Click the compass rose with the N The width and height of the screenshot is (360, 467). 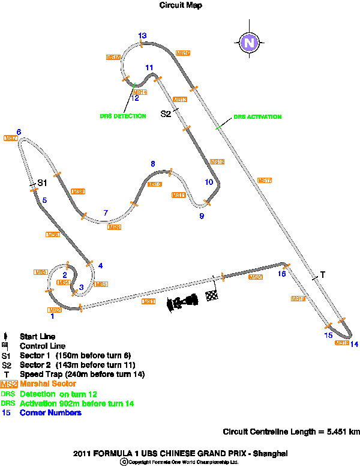248,43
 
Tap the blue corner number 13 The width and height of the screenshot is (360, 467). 142,36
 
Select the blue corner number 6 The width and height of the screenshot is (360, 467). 19,132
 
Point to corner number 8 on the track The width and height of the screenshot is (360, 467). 153,163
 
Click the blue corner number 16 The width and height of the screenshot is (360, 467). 281,274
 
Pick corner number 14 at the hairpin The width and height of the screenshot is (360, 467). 355,344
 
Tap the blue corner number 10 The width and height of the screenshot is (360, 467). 209,182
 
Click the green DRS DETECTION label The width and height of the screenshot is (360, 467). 122,116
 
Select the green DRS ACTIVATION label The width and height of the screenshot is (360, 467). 257,117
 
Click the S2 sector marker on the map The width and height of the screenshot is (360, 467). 166,113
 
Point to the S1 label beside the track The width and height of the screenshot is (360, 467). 42,182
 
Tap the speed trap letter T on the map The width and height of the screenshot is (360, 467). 322,275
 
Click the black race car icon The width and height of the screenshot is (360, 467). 184,301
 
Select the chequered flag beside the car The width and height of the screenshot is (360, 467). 211,295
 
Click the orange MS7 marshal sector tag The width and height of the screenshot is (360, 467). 10,139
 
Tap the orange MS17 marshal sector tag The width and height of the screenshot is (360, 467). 265,180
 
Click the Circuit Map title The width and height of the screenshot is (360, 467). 181,5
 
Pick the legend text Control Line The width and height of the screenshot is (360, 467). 43,346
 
